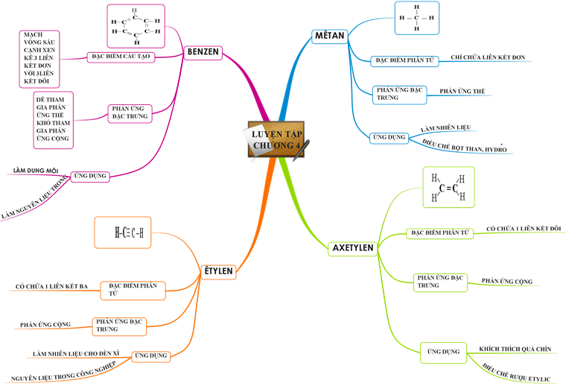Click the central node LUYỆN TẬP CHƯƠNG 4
click(x=276, y=139)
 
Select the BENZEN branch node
click(x=203, y=53)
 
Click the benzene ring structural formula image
click(x=136, y=25)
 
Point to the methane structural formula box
click(x=416, y=18)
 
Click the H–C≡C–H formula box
click(x=128, y=233)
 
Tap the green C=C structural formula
click(x=448, y=188)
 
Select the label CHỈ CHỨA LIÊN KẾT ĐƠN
click(x=484, y=57)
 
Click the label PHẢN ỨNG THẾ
click(x=462, y=91)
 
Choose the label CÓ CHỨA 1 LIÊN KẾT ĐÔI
click(x=523, y=228)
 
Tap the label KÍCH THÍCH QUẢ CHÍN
click(x=515, y=349)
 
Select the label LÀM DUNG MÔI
click(x=36, y=171)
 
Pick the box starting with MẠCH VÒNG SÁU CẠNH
click(x=39, y=58)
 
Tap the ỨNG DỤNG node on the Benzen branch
click(x=90, y=177)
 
